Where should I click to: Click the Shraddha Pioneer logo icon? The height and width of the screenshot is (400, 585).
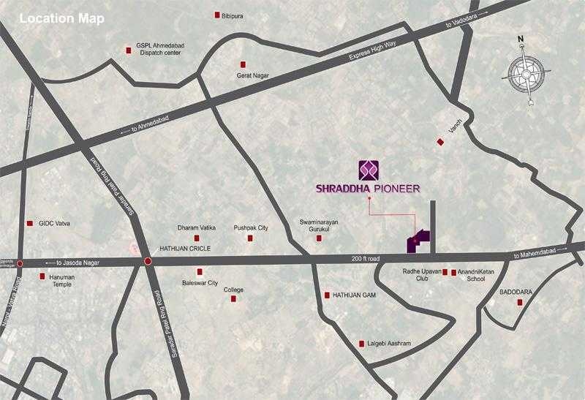(x=369, y=170)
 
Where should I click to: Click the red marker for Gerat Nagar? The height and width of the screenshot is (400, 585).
(x=245, y=64)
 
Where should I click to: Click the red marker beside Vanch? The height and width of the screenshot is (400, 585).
(x=440, y=142)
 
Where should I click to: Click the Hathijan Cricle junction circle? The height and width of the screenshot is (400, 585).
(x=148, y=261)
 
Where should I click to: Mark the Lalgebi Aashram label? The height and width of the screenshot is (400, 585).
(x=390, y=344)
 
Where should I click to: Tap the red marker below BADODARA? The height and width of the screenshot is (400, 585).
(x=521, y=303)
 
